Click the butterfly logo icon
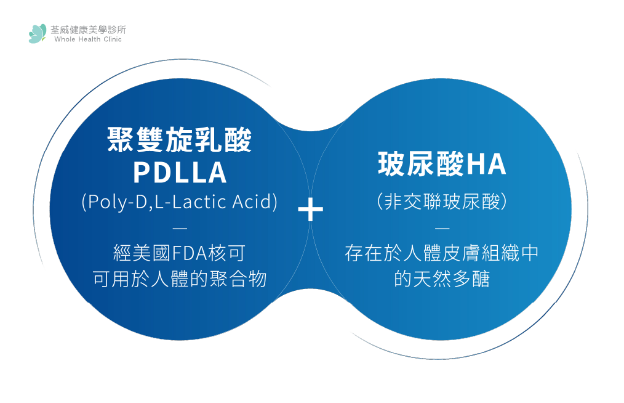(x=37, y=33)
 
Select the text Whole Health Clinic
(x=88, y=39)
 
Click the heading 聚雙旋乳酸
(x=180, y=140)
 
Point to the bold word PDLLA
(x=180, y=173)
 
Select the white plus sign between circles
(x=310, y=210)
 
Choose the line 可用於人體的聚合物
(x=180, y=279)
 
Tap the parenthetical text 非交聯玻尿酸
(x=442, y=201)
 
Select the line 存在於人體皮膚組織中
(x=442, y=253)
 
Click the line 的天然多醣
(x=442, y=279)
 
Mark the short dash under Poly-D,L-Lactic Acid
(x=180, y=228)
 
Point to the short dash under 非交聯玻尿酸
(x=442, y=228)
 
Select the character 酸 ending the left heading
(x=238, y=140)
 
